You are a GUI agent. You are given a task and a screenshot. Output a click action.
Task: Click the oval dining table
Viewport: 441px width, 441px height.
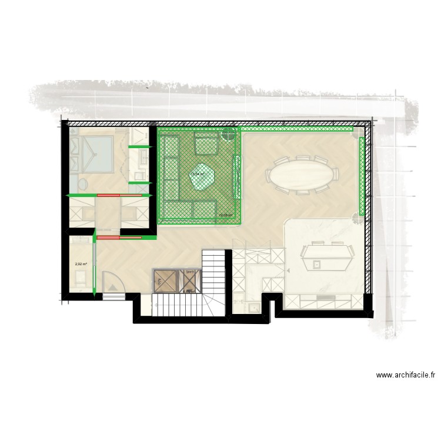302,175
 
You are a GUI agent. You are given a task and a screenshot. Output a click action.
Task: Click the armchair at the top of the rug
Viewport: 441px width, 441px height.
206,143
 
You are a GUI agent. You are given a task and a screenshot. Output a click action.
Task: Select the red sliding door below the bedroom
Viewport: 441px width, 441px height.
111,195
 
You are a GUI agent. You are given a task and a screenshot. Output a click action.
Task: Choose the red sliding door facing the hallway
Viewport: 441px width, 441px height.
119,238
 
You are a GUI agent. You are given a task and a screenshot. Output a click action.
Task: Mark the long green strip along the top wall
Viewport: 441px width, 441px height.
297,128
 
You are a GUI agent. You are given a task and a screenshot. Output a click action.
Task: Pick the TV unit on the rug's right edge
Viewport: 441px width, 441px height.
237,177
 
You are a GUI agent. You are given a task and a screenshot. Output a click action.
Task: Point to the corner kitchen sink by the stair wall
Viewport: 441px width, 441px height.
253,306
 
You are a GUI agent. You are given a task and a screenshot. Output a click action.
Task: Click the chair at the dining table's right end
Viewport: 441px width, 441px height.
336,175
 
